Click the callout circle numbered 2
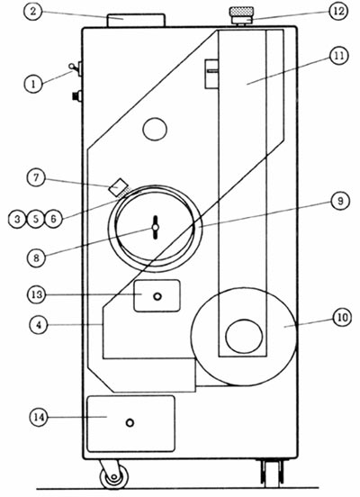(32, 12)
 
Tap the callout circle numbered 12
(338, 11)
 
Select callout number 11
(338, 56)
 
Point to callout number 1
(33, 84)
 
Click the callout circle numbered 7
(36, 177)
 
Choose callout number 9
(340, 201)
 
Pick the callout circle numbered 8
(36, 258)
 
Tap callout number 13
(36, 294)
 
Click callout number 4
(39, 325)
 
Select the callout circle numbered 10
(343, 317)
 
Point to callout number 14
(39, 417)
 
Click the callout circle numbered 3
(17, 219)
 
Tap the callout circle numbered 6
(53, 219)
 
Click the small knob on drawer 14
(130, 422)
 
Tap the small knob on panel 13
(157, 297)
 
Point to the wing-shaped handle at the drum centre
(156, 228)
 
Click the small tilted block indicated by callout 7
(117, 187)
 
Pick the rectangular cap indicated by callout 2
(136, 21)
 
